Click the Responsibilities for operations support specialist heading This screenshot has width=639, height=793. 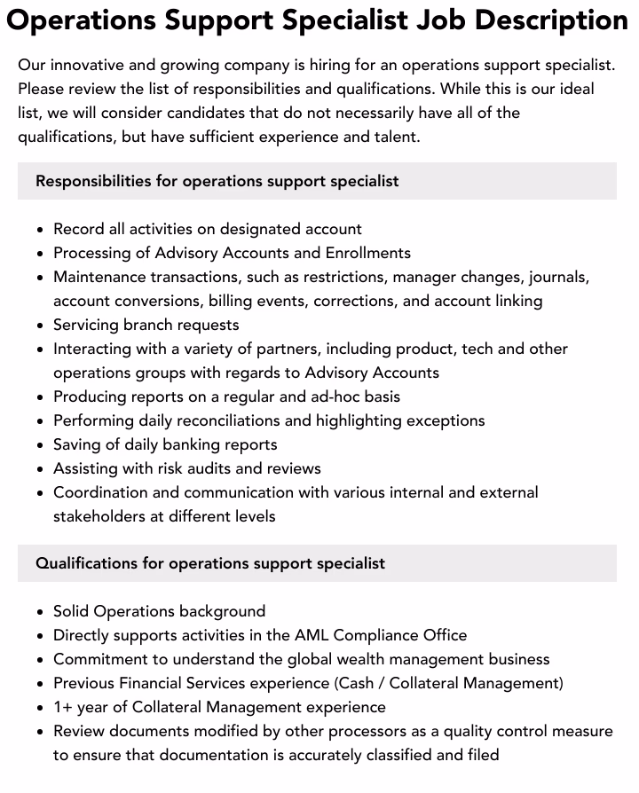point(217,181)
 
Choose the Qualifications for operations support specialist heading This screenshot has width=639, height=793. point(210,563)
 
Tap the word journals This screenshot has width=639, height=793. point(558,277)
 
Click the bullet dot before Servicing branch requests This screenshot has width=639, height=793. point(41,326)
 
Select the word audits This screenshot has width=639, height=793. point(209,468)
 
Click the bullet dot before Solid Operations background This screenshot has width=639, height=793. point(41,612)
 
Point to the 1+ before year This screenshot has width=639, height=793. point(65,707)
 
